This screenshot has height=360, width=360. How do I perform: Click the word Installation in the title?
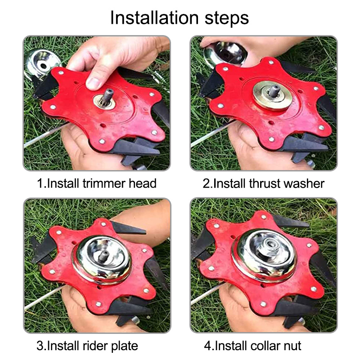(x=154, y=18)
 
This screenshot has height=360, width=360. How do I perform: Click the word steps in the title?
(x=227, y=18)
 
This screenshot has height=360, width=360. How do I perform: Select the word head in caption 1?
(x=143, y=183)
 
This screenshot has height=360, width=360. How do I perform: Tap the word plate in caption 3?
(x=125, y=346)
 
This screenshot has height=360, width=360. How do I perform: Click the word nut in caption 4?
(x=292, y=346)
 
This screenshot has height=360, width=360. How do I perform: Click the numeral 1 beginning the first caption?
(x=40, y=184)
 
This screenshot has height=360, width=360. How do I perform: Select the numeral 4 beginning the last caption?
(x=207, y=346)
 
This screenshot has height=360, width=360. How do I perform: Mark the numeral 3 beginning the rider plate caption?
(x=40, y=346)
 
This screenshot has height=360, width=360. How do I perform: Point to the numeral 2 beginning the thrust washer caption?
(x=206, y=184)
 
